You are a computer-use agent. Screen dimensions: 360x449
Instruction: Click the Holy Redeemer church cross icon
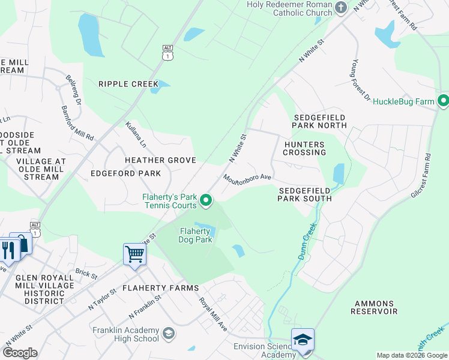click(341, 7)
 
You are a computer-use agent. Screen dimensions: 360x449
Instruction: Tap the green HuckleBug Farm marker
click(444, 101)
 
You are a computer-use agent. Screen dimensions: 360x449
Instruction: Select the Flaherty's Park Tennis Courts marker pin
click(206, 201)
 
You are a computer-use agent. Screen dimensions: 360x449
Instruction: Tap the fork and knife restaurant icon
click(8, 250)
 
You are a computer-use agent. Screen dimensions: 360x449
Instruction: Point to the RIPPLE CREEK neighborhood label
click(128, 84)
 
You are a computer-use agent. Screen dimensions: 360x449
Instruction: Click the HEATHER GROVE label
click(160, 160)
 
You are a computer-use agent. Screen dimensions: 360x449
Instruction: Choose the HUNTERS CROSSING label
click(304, 148)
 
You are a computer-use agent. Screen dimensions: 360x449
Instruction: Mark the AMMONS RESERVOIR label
click(374, 308)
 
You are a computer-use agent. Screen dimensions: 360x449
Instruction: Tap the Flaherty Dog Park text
click(194, 235)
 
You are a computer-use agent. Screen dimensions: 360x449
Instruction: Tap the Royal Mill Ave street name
click(213, 314)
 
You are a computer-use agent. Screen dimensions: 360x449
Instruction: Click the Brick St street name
click(86, 274)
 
